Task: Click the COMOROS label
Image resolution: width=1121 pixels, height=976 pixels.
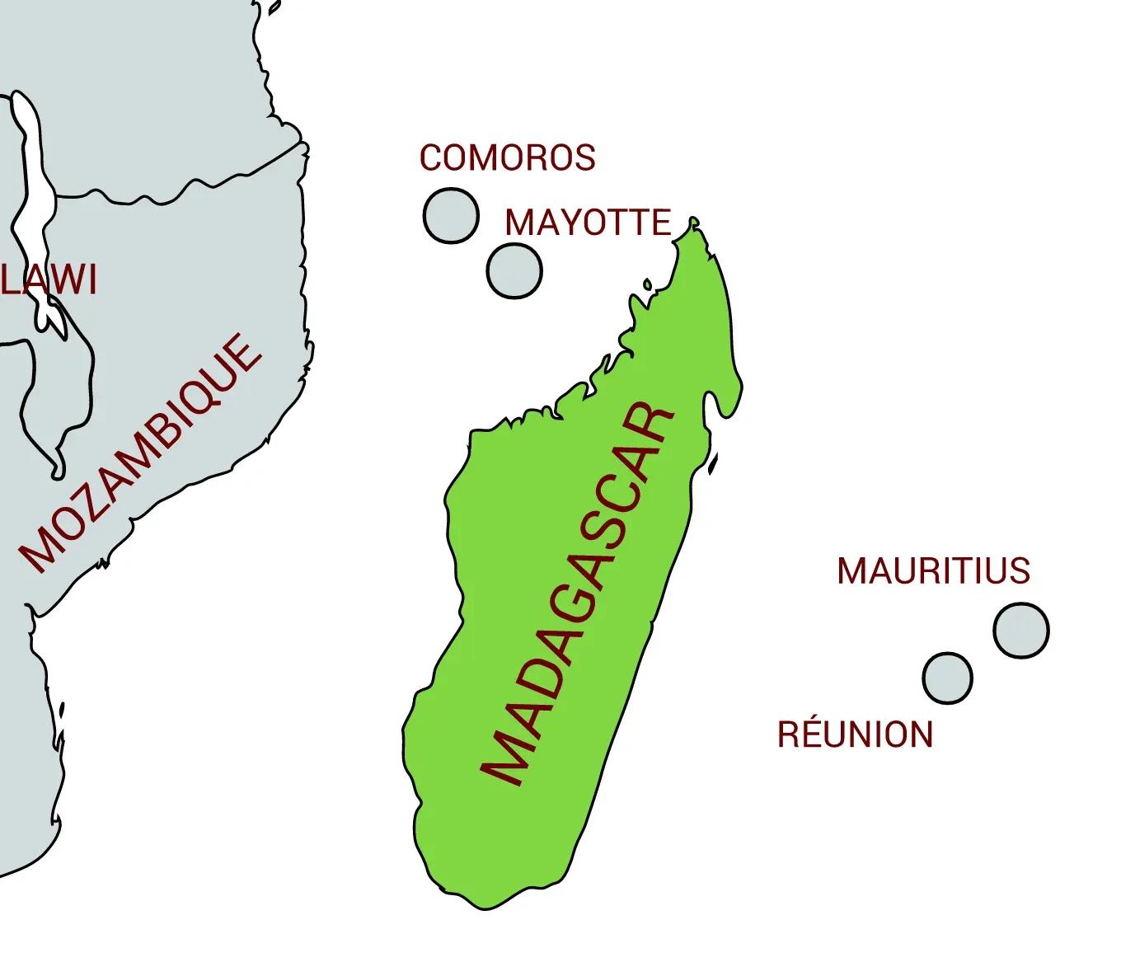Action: pyautogui.click(x=507, y=157)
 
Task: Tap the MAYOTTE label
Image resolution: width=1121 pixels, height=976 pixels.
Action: pyautogui.click(x=588, y=223)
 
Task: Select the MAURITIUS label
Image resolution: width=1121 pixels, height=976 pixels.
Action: pyautogui.click(x=933, y=570)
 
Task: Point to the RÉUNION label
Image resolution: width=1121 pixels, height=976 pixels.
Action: pyautogui.click(x=855, y=734)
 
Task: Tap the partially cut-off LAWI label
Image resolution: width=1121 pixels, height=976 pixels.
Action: pyautogui.click(x=49, y=280)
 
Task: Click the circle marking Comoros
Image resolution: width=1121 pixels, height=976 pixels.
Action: pyautogui.click(x=450, y=215)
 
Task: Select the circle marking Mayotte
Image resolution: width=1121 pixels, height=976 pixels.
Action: pyautogui.click(x=514, y=270)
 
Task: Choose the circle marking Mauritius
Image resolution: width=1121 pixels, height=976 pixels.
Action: pyautogui.click(x=1020, y=630)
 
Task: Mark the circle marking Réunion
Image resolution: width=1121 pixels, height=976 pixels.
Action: pyautogui.click(x=947, y=678)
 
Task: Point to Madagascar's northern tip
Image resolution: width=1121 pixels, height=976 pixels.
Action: pyautogui.click(x=694, y=222)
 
